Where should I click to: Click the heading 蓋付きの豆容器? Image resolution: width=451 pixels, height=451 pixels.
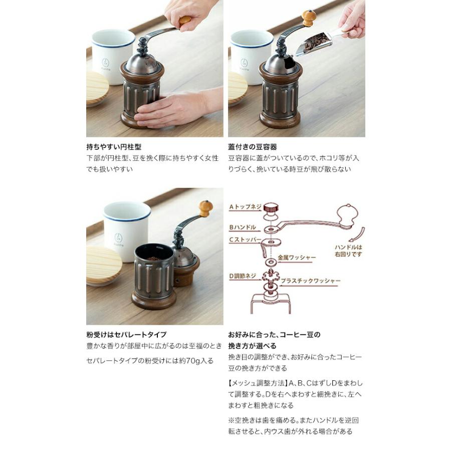click(253, 147)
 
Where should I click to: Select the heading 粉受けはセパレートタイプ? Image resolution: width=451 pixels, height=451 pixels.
click(126, 335)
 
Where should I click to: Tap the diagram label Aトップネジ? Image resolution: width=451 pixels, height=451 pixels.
click(245, 206)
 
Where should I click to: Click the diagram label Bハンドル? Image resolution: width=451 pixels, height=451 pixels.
click(243, 227)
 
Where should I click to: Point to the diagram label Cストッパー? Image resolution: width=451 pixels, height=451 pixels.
click(245, 240)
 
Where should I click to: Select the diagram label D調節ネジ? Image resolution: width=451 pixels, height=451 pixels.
click(244, 276)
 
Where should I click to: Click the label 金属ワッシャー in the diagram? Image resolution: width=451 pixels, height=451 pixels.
click(298, 258)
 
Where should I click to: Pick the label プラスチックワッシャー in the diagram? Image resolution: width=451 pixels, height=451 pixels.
click(311, 281)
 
